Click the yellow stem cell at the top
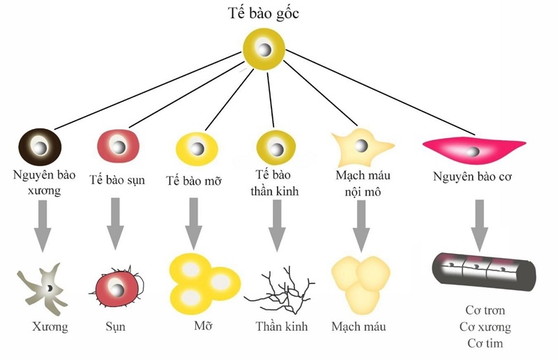pos(264,50)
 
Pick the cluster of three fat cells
pos(203,281)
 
